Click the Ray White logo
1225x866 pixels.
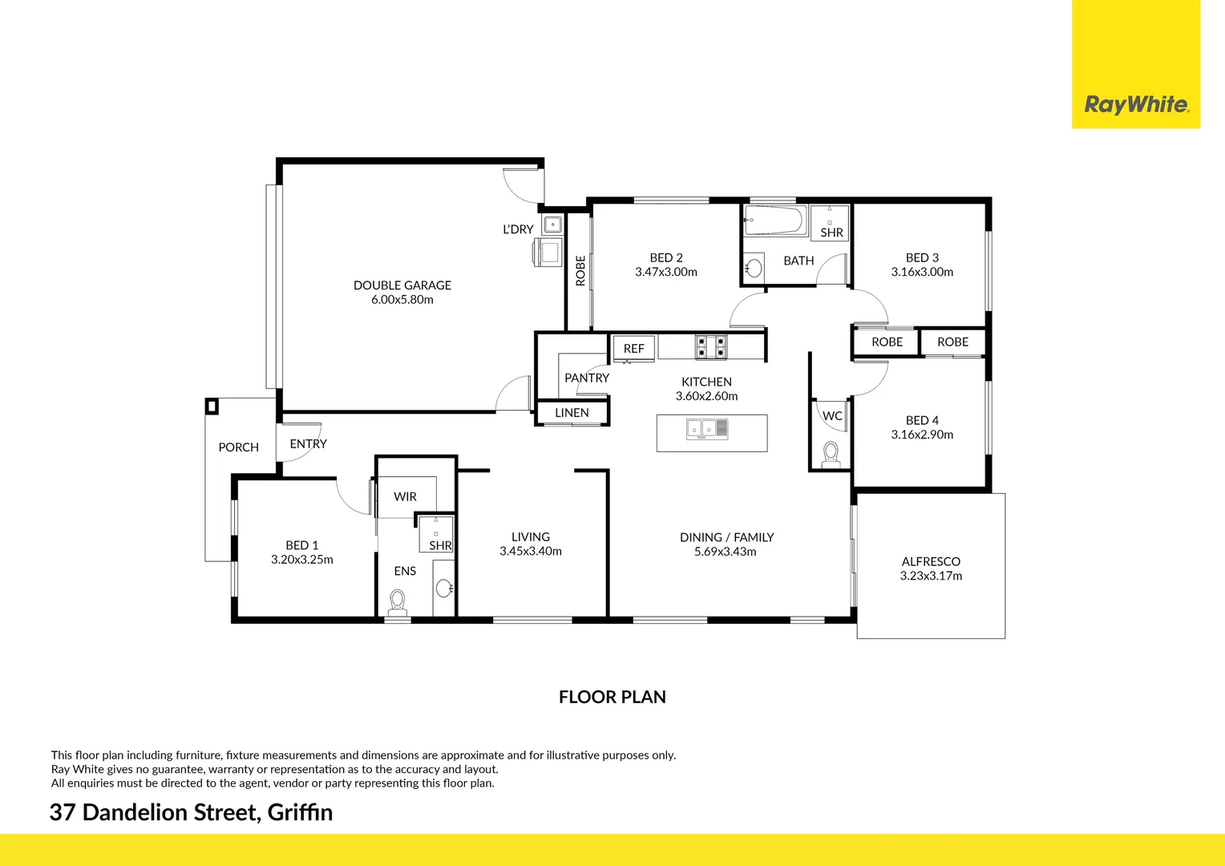coord(1136,104)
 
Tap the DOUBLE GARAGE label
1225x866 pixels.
coord(402,285)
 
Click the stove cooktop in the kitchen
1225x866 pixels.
coord(710,346)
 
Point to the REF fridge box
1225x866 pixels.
coord(633,348)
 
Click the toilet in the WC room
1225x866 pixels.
coord(831,455)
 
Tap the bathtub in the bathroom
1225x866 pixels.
coord(774,221)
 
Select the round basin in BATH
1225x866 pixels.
coord(754,267)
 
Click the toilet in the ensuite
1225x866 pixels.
coord(397,601)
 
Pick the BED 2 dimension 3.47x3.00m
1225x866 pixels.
coord(665,272)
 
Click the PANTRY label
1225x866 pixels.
coord(586,378)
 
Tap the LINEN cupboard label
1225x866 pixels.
coord(572,413)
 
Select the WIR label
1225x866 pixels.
coord(405,497)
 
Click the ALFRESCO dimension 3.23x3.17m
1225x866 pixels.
coord(931,576)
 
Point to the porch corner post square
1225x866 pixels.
coord(212,406)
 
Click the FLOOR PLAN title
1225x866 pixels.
coord(612,697)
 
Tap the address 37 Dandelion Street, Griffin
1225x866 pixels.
coord(191,812)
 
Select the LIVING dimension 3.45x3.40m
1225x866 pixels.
coord(530,552)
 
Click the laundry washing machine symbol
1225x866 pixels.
coord(549,252)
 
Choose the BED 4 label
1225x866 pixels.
coord(922,420)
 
